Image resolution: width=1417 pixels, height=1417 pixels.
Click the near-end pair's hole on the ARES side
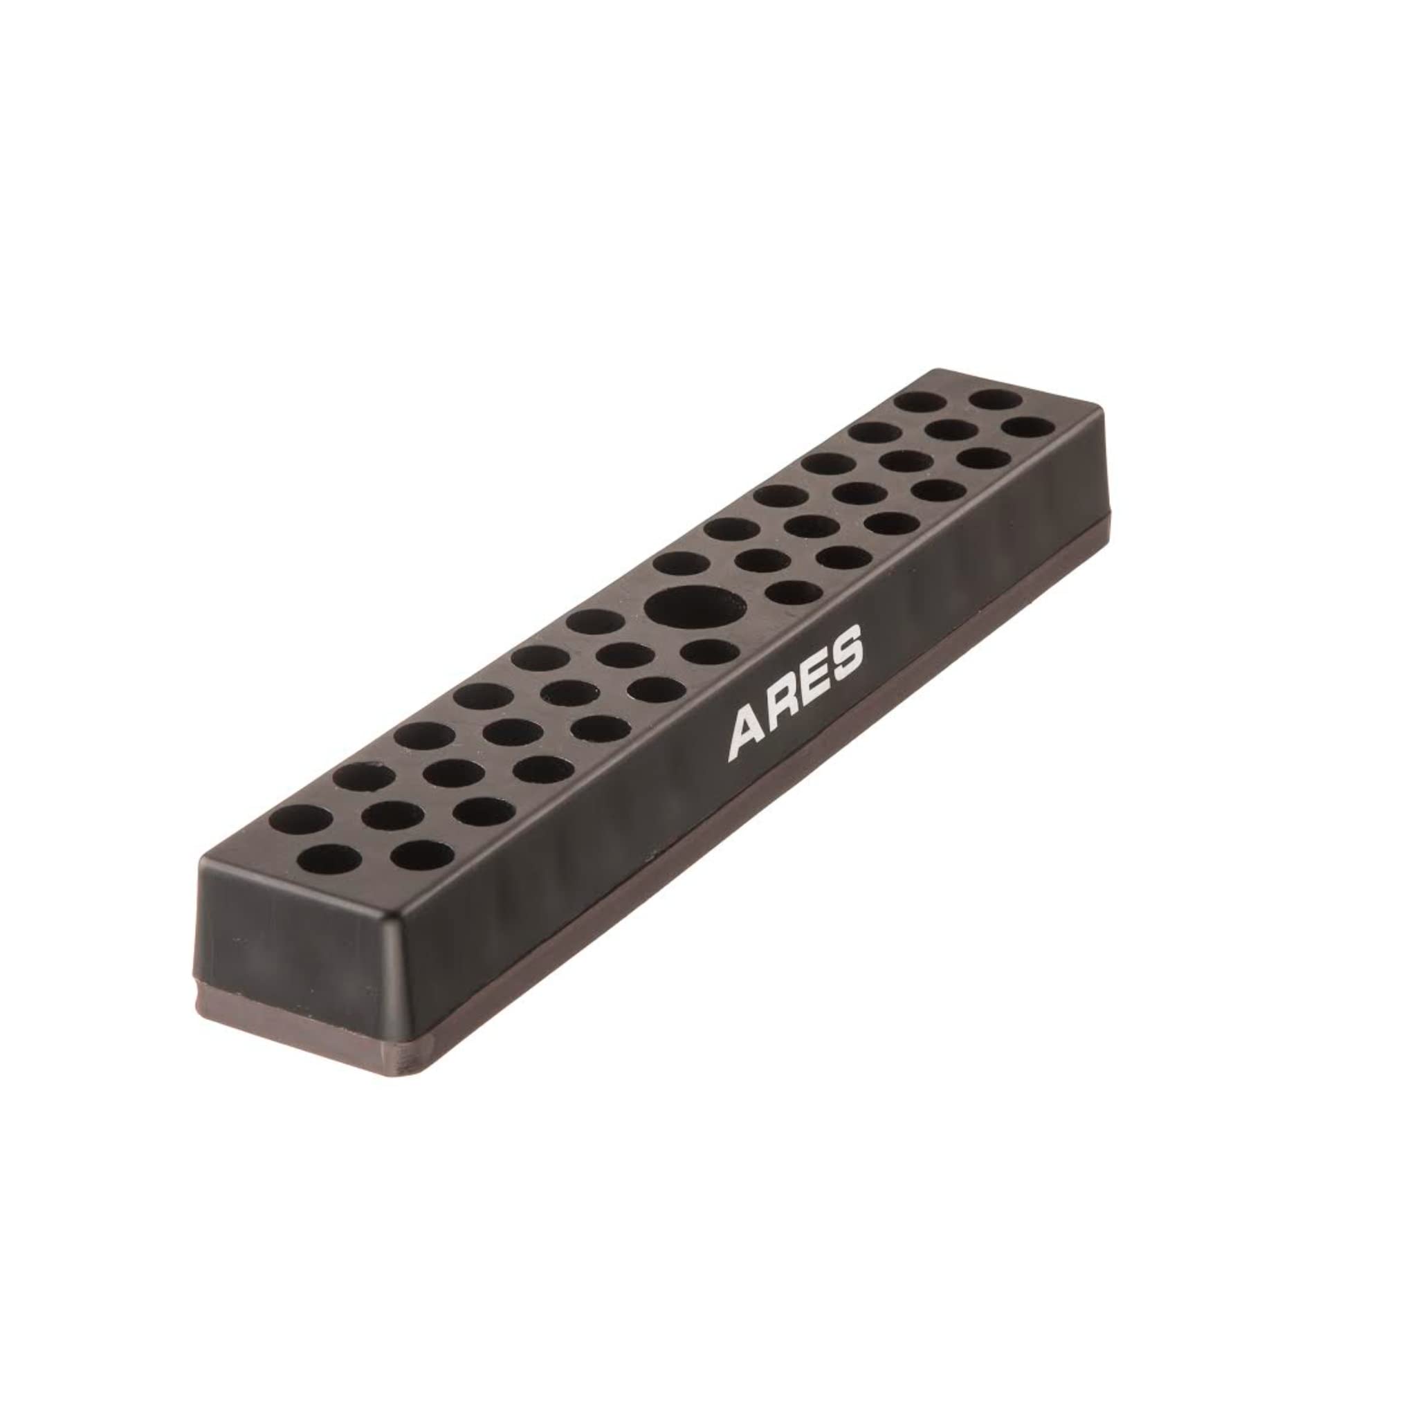pos(422,856)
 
